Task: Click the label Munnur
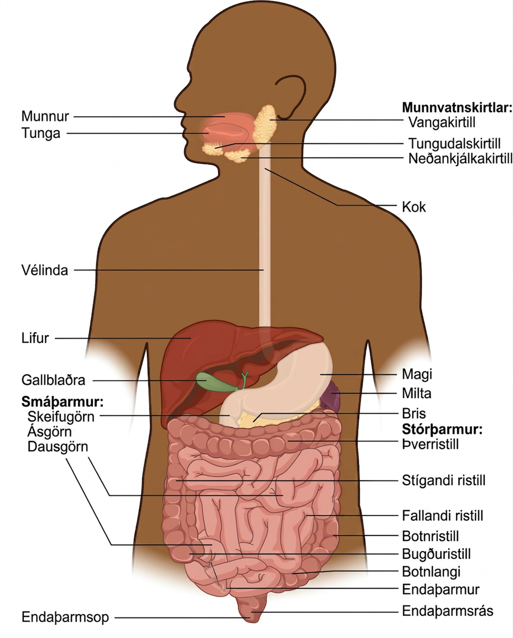click(x=45, y=116)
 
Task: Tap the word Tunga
click(x=41, y=133)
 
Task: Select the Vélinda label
click(x=45, y=270)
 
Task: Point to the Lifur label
click(x=35, y=338)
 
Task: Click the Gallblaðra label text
click(x=53, y=380)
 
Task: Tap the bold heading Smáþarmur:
click(x=62, y=401)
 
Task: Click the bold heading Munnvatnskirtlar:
click(x=457, y=107)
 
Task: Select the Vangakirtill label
click(x=442, y=122)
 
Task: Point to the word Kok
click(x=414, y=207)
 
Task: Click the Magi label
click(x=417, y=374)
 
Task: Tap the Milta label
click(x=417, y=393)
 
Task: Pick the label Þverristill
click(x=430, y=444)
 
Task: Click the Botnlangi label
click(x=431, y=572)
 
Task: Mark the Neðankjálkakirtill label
click(x=460, y=158)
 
